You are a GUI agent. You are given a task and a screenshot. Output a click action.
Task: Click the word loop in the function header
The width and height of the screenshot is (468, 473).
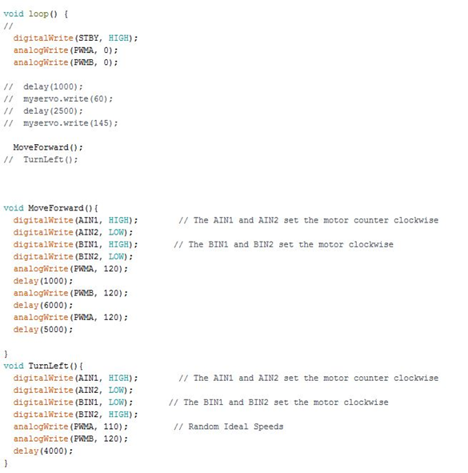tap(38, 14)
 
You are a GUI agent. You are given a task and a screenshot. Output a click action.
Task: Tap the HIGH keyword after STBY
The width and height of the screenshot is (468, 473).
tap(118, 38)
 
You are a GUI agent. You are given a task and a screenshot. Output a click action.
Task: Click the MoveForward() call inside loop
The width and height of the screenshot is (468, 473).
tap(48, 147)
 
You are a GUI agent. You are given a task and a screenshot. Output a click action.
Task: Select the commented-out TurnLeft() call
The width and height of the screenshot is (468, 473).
tap(50, 159)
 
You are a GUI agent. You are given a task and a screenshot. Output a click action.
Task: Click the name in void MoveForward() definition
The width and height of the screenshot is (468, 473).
tap(56, 208)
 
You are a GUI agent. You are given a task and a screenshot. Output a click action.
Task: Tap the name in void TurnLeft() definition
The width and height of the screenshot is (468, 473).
tap(48, 366)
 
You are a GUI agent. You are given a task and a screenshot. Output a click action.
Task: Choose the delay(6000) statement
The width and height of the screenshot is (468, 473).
tap(43, 305)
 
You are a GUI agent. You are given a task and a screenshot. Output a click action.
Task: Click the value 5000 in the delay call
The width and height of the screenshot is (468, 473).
tap(54, 330)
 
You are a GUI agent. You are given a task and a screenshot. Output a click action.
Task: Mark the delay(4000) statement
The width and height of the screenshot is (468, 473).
tap(43, 451)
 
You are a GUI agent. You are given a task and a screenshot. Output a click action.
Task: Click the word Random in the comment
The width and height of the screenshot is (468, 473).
tap(203, 427)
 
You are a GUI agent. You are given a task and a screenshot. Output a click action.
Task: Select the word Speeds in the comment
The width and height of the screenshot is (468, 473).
tap(268, 427)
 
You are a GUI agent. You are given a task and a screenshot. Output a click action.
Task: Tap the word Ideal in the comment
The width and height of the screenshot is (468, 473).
tap(236, 427)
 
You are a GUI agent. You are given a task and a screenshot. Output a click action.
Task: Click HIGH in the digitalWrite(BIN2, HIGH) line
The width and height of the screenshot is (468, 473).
tap(118, 415)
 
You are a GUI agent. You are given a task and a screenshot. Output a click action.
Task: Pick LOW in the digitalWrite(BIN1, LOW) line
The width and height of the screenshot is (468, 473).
tap(116, 403)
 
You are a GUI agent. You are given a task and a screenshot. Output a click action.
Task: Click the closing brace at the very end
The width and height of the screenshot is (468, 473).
tap(6, 463)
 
